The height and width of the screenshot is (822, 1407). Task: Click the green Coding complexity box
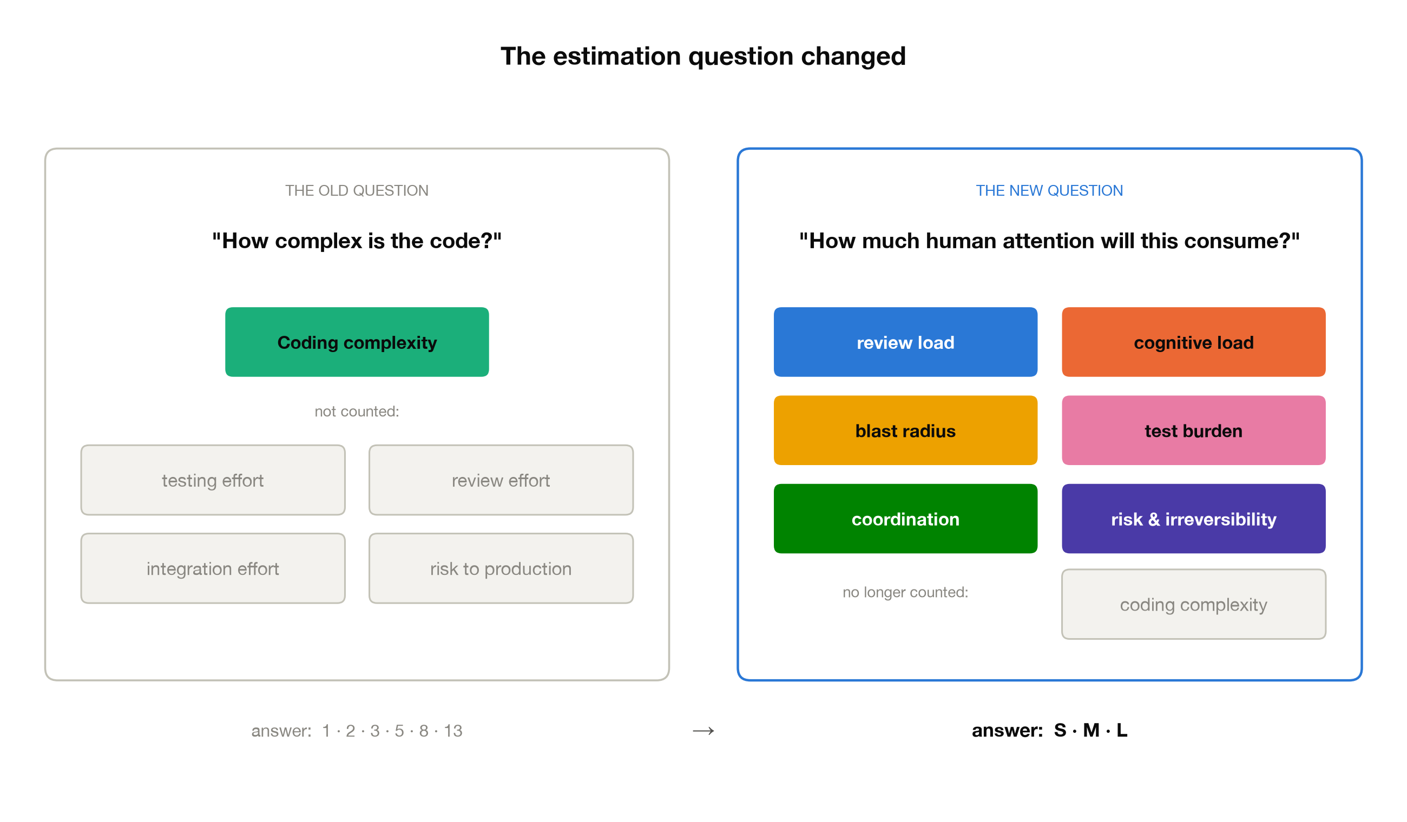coord(357,342)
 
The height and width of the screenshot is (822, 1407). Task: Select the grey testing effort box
coord(213,480)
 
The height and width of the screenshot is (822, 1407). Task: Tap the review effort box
coord(501,480)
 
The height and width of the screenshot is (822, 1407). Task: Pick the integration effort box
coord(213,568)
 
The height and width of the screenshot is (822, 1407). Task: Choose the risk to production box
coord(501,568)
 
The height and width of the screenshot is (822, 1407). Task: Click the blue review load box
coord(905,342)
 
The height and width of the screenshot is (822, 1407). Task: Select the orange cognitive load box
coord(1193,342)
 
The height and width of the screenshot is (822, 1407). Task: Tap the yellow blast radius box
coord(905,430)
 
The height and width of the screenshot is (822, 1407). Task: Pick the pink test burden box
coord(1193,430)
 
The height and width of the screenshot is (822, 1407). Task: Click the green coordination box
coord(905,519)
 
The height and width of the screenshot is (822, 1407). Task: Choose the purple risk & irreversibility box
coord(1193,519)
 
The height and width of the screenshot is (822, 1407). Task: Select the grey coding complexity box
coord(1193,604)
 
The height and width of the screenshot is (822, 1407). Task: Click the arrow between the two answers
coord(703,731)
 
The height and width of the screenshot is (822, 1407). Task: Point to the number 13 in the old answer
coord(453,731)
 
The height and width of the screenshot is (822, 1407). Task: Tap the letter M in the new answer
coord(1091,730)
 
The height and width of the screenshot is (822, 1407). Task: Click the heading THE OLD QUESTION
coord(357,190)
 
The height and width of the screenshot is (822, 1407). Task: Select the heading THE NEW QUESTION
coord(1049,190)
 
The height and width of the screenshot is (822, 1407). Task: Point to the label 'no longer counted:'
coord(905,592)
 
